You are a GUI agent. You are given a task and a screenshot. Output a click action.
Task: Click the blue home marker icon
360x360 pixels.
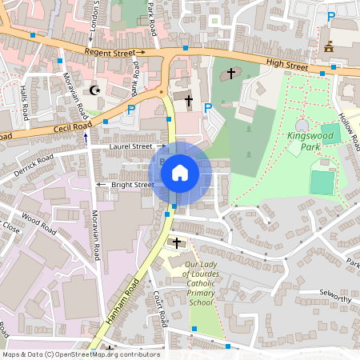tap(180, 172)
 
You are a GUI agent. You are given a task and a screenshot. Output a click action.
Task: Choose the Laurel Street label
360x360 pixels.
tap(131, 146)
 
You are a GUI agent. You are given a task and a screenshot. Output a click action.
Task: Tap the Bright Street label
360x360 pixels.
tap(132, 185)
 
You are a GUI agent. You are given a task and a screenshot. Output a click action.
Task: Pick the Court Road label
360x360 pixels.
tap(160, 308)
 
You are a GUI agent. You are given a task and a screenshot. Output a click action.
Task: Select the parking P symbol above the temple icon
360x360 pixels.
tap(330, 17)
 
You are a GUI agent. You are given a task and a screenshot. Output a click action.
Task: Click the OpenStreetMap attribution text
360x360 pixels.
tap(80, 354)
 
